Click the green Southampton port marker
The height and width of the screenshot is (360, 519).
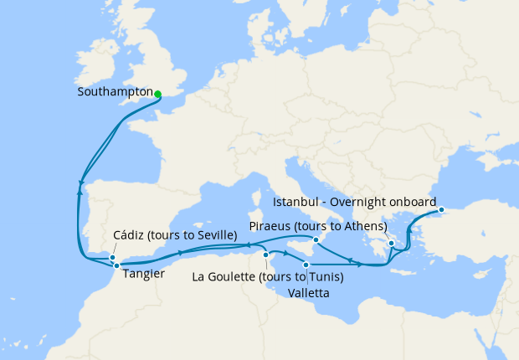157,94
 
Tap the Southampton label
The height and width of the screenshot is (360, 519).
114,92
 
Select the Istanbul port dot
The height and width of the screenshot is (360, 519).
441,209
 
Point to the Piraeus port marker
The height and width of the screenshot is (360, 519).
391,243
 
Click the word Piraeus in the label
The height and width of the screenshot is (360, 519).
272,226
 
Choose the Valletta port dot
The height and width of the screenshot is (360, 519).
306,265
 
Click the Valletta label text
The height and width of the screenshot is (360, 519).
306,293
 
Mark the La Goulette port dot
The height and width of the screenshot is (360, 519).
265,255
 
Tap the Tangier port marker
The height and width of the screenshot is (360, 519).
116,265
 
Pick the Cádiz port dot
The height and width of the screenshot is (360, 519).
113,257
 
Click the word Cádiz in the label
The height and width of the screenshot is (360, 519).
129,235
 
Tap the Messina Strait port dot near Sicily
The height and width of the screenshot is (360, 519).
316,239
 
